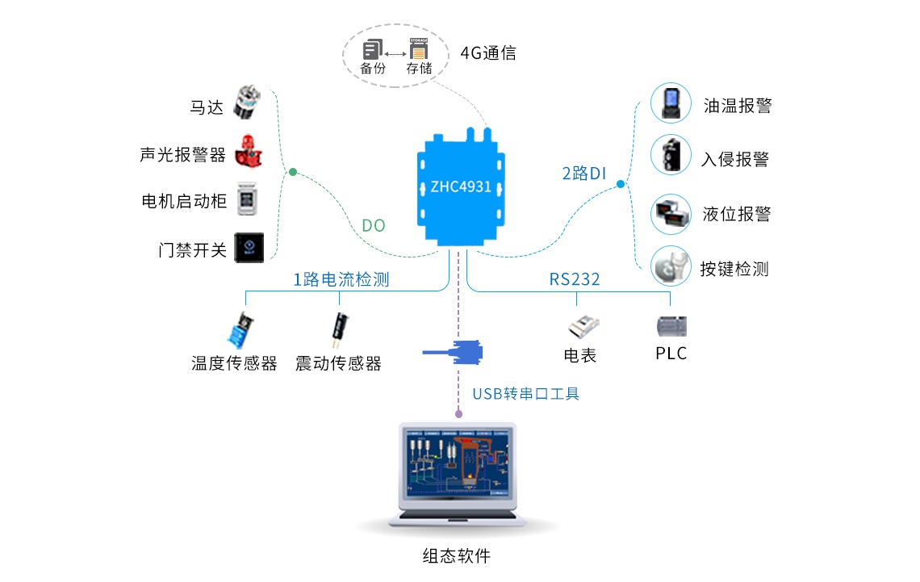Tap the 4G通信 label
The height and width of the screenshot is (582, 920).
[488, 53]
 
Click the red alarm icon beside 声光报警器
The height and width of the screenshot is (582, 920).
[248, 152]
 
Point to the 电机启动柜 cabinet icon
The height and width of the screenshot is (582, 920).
[246, 200]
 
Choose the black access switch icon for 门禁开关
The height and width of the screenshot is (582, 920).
[248, 247]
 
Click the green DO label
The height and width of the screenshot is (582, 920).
[373, 226]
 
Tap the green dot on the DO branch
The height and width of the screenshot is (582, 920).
[293, 172]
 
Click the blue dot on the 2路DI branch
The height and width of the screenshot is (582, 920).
[620, 184]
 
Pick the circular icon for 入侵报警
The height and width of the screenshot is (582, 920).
[671, 157]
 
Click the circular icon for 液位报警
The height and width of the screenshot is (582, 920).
[671, 214]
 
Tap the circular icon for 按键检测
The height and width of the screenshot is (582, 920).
[671, 267]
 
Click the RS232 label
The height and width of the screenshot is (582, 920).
[575, 279]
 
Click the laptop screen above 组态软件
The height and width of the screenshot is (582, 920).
[458, 467]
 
